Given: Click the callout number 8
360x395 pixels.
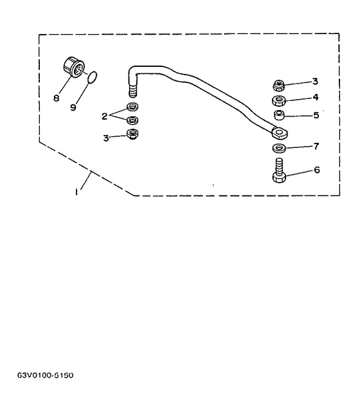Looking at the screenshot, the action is click(56, 98).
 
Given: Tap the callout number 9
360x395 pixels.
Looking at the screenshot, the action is click(73, 107).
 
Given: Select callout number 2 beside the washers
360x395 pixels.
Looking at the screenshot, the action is click(105, 116).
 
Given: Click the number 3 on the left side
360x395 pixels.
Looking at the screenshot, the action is click(106, 138).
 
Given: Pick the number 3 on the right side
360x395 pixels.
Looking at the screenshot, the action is click(315, 81).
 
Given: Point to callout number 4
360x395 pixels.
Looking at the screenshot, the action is click(316, 97).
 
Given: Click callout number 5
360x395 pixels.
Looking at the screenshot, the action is click(316, 115).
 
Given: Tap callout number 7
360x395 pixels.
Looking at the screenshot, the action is click(316, 146).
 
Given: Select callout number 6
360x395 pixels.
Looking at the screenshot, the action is click(317, 170).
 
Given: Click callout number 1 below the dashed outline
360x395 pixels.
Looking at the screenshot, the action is click(76, 192).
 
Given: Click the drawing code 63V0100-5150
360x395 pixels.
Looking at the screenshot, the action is click(46, 375).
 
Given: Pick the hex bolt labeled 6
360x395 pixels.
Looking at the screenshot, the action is click(279, 170).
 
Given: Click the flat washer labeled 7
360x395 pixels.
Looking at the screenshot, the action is click(279, 148).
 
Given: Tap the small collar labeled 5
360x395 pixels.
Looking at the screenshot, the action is click(279, 115).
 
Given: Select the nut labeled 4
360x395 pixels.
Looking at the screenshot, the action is click(279, 101).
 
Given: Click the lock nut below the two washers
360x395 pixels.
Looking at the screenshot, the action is click(132, 134).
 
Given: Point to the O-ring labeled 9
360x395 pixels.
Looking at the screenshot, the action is click(92, 77).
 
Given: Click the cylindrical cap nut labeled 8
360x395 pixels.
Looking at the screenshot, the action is click(73, 68).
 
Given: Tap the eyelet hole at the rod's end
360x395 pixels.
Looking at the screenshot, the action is click(280, 132).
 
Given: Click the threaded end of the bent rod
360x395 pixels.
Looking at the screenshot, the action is click(132, 91).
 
